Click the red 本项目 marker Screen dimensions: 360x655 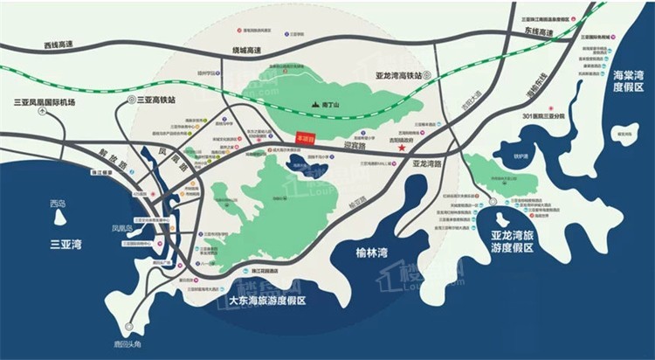point(306,138)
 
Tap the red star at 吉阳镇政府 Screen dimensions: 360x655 point(402,149)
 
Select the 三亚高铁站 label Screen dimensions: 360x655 point(155,100)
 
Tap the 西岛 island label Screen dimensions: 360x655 point(58,204)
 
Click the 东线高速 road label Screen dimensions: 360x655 point(540,31)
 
